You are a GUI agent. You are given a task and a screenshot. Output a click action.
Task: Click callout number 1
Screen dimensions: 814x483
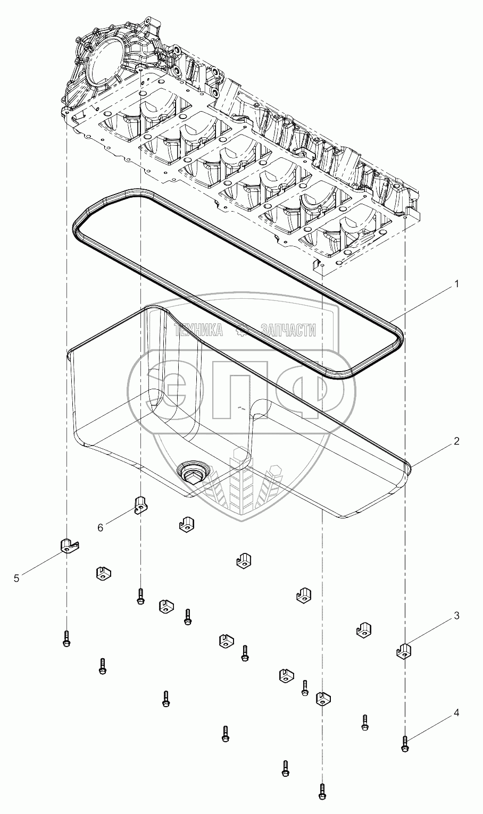click(455, 284)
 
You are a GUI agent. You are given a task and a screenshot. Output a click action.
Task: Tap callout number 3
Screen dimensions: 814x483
click(456, 616)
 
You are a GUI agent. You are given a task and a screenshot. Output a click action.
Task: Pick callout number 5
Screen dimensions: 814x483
click(17, 578)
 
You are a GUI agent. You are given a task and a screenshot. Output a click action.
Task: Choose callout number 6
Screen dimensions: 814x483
click(100, 527)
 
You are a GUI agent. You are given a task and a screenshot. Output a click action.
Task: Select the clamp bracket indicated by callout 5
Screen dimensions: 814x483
click(66, 546)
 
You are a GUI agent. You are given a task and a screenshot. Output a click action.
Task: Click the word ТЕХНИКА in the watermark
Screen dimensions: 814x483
click(199, 331)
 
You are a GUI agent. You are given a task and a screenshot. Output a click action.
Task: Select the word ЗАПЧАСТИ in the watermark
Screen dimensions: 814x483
click(289, 331)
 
